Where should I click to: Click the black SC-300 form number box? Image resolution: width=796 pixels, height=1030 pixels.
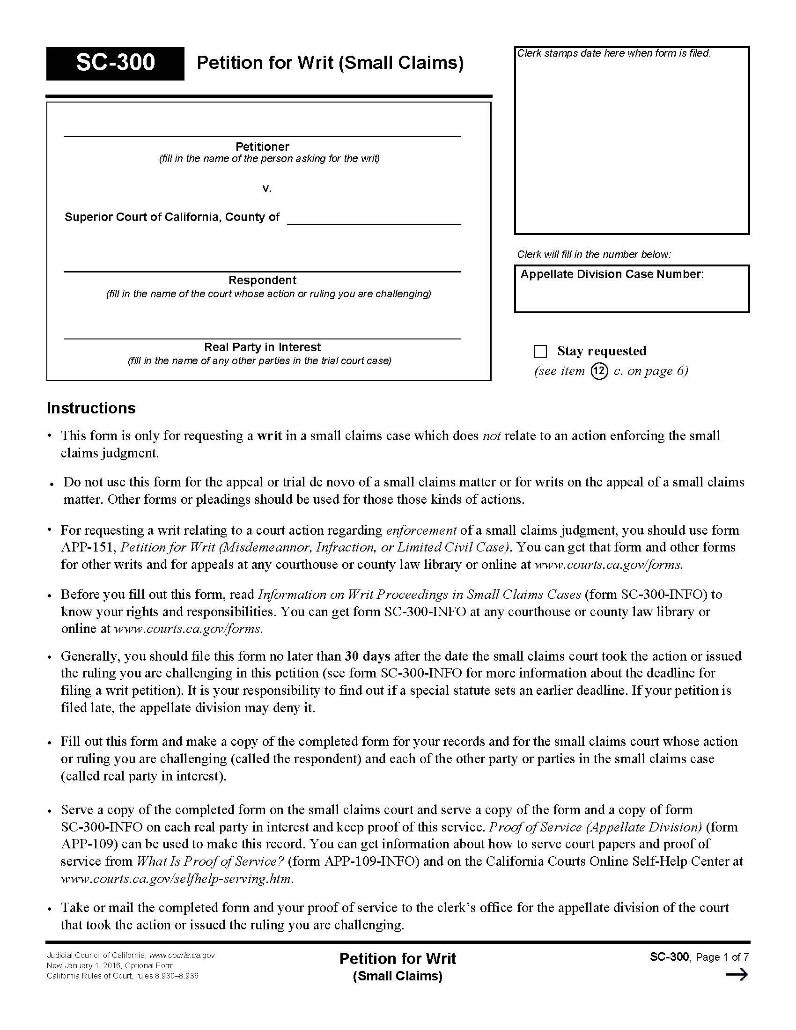[x=115, y=63]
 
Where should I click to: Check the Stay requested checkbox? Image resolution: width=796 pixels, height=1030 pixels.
[x=540, y=351]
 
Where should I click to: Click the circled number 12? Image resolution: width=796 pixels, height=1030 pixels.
[x=598, y=371]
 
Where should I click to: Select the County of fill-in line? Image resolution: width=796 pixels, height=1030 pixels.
[x=374, y=220]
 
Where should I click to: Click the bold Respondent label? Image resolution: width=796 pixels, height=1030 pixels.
[x=262, y=280]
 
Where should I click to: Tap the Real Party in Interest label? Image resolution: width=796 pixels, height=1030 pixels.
[x=262, y=347]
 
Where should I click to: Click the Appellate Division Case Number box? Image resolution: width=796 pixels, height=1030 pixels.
[x=632, y=289]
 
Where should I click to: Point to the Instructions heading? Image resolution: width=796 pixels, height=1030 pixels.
[x=91, y=408]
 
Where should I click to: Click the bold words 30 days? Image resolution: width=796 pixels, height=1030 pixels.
[x=368, y=656]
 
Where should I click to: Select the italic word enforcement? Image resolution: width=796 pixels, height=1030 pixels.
[x=421, y=530]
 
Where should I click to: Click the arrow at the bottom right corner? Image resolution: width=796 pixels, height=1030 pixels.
[x=737, y=975]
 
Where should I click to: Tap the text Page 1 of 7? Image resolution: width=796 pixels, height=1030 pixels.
[x=722, y=957]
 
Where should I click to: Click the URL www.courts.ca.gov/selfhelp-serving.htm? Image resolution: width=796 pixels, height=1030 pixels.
[x=177, y=879]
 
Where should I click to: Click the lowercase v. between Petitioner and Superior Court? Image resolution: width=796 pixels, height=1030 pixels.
[x=267, y=189]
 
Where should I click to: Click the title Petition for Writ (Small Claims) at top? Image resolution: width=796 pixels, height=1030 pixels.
[x=330, y=63]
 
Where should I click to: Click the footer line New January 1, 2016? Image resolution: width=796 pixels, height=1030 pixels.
[x=110, y=965]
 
